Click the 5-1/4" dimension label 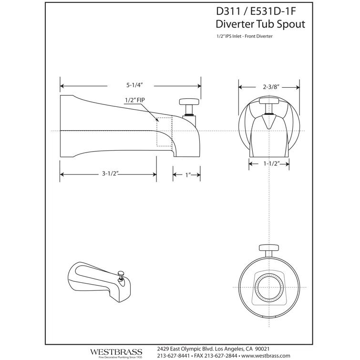[135, 85]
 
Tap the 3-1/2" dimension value [110, 174]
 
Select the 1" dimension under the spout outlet [188, 175]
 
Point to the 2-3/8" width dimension [270, 87]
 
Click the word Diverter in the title [235, 24]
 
